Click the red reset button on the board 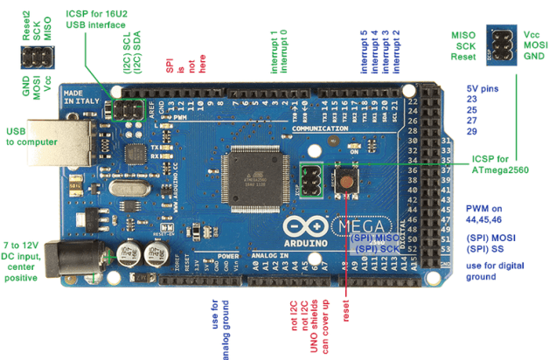click(348, 184)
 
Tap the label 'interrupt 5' click(363, 52)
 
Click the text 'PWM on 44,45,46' click(492, 214)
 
